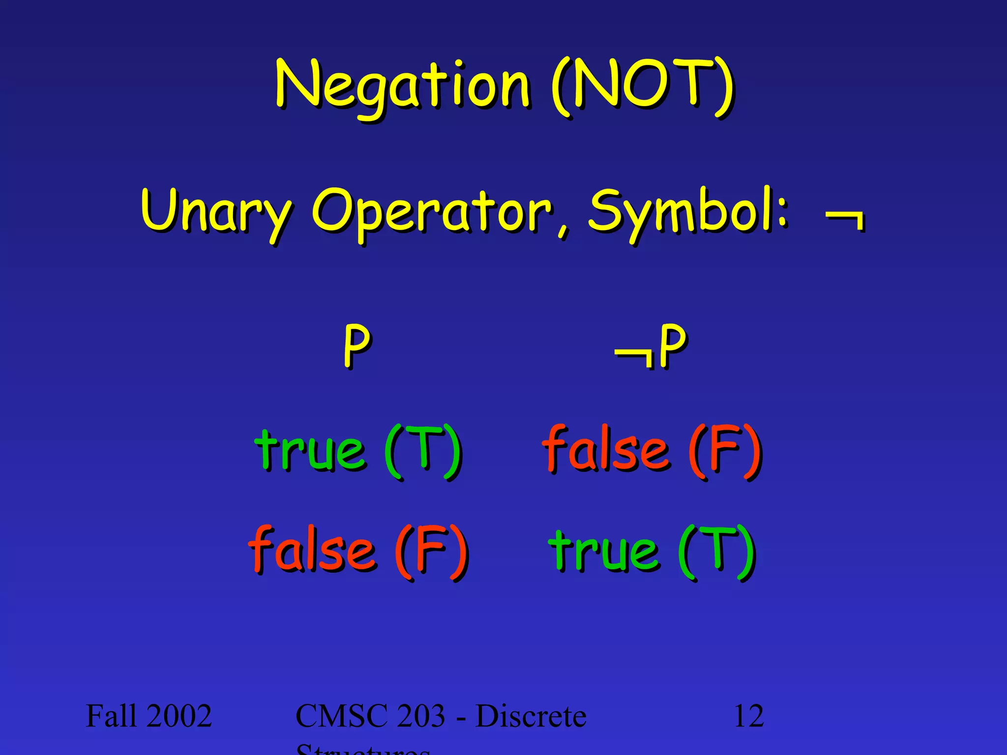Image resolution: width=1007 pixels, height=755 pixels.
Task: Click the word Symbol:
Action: (688, 211)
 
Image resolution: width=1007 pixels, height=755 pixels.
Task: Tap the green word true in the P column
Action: (310, 450)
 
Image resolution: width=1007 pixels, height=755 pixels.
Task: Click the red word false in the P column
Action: (312, 551)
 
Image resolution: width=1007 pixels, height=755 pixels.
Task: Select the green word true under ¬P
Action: (604, 551)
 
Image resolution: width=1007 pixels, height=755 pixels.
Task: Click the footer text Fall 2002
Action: (148, 716)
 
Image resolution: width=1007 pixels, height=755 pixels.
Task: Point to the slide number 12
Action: (748, 716)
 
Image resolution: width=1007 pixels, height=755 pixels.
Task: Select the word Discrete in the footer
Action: (531, 716)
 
